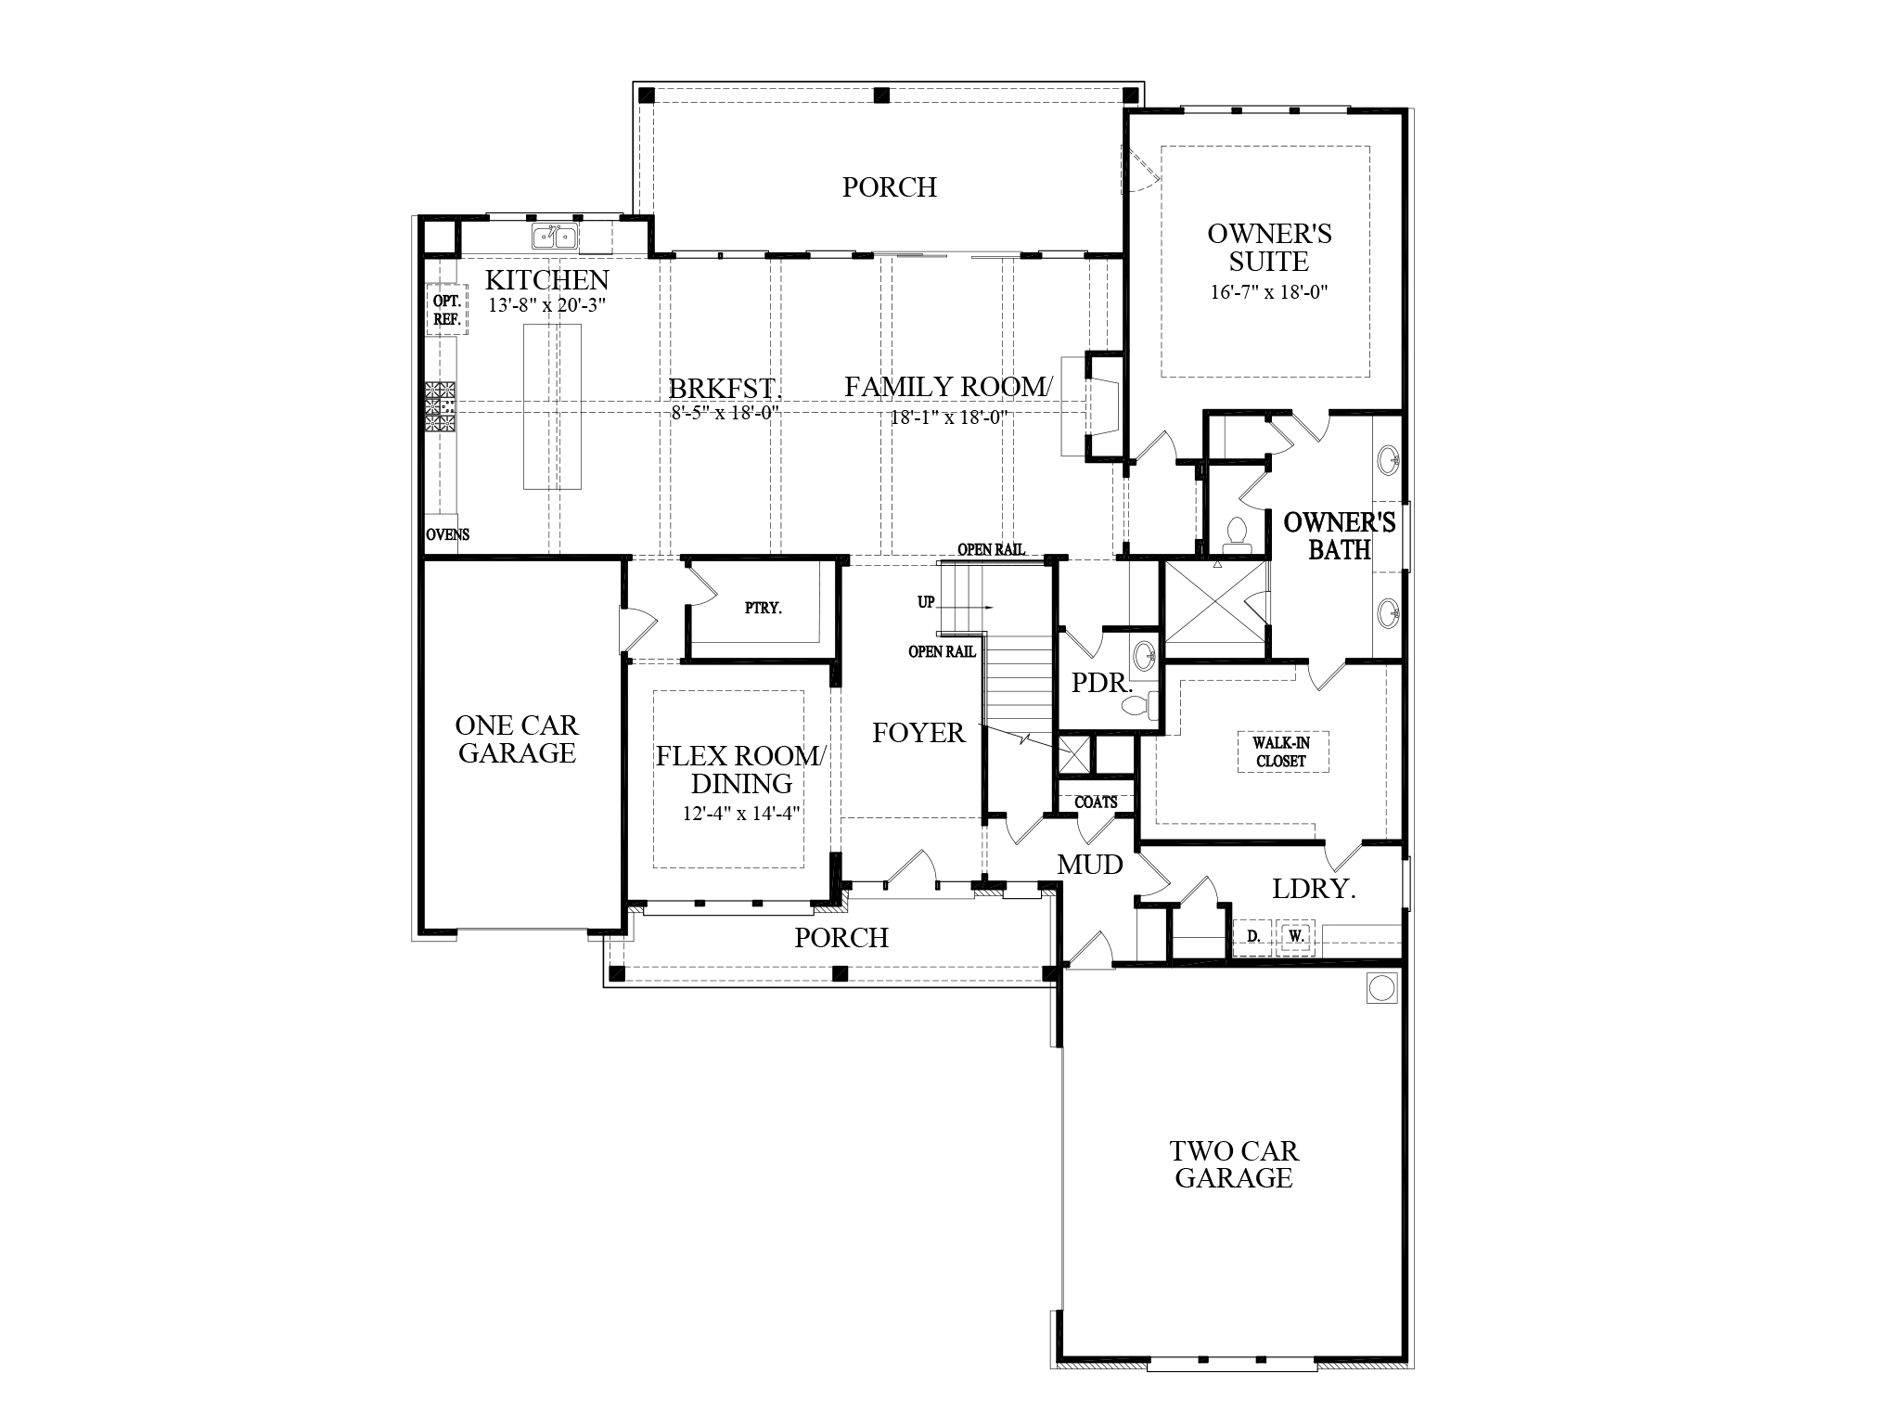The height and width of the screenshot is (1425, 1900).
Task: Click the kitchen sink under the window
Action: pos(555,237)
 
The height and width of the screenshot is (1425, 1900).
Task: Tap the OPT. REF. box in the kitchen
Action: pos(447,310)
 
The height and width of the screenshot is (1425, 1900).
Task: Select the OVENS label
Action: pos(448,534)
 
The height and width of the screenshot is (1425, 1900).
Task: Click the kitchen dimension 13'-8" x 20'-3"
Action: pos(547,304)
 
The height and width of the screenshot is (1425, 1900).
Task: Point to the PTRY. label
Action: pos(763,609)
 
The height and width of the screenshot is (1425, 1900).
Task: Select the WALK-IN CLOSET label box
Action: pos(1280,751)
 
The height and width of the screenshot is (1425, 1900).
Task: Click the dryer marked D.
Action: pos(1253,937)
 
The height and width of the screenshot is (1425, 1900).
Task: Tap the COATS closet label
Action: pos(1096,802)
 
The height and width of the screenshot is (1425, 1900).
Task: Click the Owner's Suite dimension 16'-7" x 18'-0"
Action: pos(1269,292)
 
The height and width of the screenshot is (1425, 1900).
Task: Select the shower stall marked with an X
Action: pos(1215,603)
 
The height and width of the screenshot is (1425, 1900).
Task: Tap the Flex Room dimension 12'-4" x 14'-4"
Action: pos(741,814)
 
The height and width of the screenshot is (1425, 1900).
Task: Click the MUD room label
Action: pos(1090,865)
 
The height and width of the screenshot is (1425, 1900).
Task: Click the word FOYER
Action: pos(918,733)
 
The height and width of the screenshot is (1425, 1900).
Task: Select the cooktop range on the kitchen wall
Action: pos(442,406)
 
